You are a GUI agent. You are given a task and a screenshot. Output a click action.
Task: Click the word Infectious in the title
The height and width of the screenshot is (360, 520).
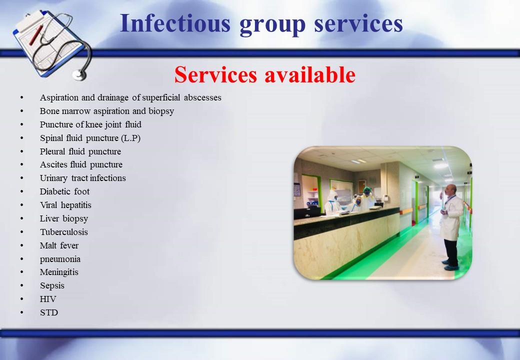[x=175, y=23]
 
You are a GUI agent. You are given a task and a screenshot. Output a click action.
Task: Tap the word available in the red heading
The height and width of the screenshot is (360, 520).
[x=310, y=74]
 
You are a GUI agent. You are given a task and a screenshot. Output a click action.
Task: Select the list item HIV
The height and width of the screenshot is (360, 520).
[x=48, y=299]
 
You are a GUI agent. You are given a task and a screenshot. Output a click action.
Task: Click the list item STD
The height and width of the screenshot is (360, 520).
[x=49, y=312]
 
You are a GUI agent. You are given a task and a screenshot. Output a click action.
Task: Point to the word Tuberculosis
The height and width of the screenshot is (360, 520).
[x=64, y=232]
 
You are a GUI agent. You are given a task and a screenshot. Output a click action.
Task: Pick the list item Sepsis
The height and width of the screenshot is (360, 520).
[x=52, y=285]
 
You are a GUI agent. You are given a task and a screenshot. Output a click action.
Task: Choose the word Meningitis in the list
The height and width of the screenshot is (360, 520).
[x=59, y=272]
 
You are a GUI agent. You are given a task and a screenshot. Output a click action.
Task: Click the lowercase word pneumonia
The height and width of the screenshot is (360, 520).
[x=60, y=259]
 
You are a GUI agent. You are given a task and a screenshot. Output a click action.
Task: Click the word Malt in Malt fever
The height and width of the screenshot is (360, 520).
[x=47, y=245]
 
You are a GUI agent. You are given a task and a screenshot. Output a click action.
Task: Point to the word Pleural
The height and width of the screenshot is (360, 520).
[x=52, y=151]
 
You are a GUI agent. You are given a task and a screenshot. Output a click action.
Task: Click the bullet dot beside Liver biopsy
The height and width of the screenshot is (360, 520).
[x=22, y=218]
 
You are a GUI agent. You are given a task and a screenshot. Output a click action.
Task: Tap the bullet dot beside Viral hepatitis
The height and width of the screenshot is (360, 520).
[x=22, y=205]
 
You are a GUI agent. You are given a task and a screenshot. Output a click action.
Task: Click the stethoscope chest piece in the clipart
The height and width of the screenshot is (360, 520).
[x=79, y=75]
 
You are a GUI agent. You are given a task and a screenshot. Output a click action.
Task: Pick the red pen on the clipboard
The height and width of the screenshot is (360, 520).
[x=36, y=35]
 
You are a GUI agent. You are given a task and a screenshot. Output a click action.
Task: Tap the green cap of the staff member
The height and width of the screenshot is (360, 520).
[x=367, y=189]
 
